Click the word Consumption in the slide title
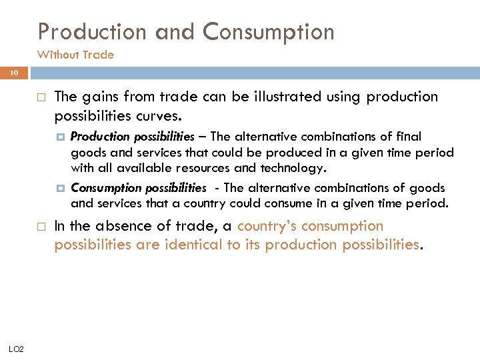[x=269, y=31]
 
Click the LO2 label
[x=17, y=348]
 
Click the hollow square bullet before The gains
[x=41, y=97]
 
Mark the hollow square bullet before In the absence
[x=41, y=227]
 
